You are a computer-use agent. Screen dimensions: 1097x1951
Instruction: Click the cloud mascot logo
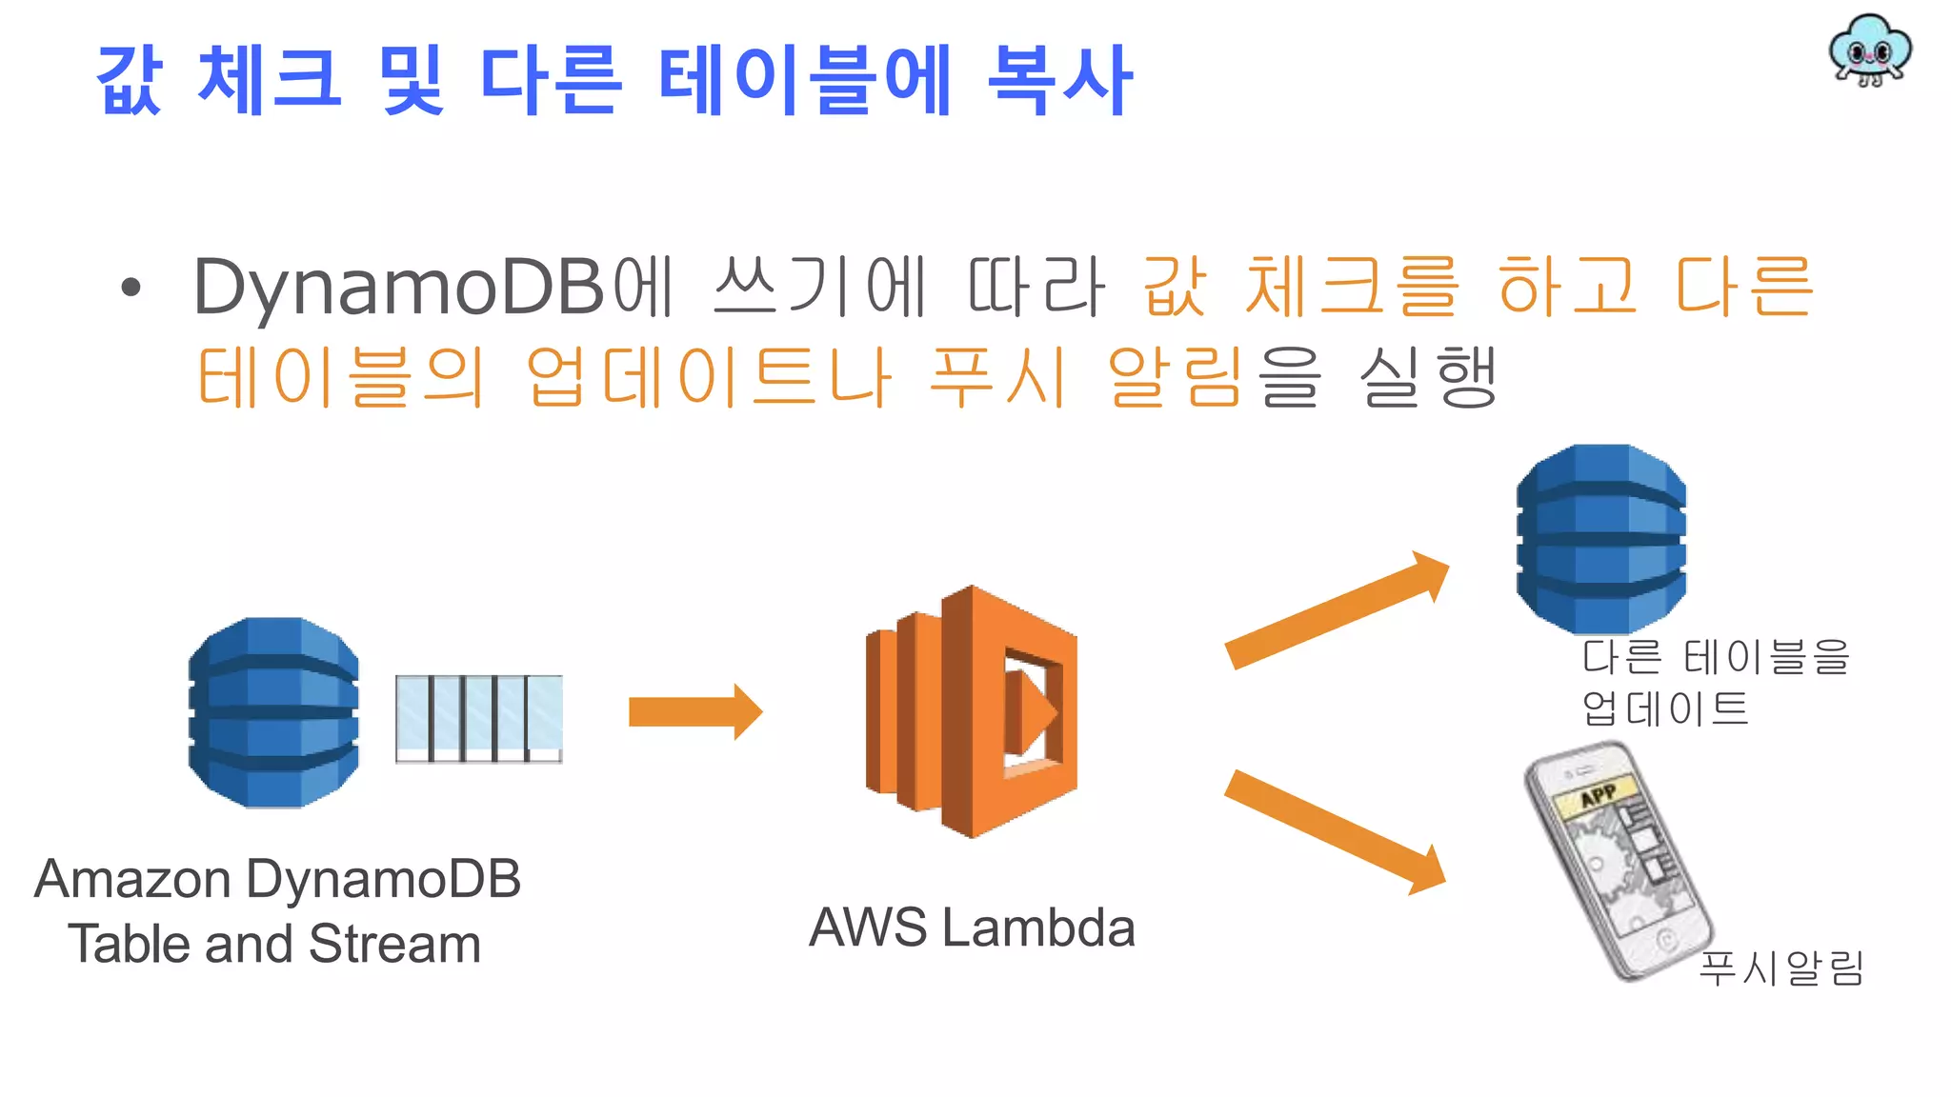point(1869,50)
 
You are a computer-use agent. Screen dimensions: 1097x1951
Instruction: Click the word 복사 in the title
point(1059,81)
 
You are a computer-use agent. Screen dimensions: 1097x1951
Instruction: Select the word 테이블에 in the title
point(805,81)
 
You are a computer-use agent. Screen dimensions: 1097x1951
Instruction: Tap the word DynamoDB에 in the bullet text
point(433,286)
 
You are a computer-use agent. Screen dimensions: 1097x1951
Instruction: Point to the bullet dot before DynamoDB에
point(131,287)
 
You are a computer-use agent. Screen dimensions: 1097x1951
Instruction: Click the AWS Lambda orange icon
point(972,711)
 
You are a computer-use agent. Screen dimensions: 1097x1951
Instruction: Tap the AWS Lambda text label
point(972,927)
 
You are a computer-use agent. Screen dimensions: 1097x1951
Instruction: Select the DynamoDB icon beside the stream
point(274,712)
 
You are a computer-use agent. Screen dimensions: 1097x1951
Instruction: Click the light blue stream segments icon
point(479,719)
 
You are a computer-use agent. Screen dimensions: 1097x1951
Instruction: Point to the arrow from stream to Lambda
point(694,711)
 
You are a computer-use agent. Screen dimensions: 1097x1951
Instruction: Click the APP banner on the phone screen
point(1598,794)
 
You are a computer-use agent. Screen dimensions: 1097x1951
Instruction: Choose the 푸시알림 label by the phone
point(1780,968)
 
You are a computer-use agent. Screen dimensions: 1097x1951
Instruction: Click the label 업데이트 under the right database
point(1665,708)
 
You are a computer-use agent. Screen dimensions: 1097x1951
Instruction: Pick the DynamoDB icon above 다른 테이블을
point(1601,538)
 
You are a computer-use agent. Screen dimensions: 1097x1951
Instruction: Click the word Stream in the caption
point(394,945)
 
